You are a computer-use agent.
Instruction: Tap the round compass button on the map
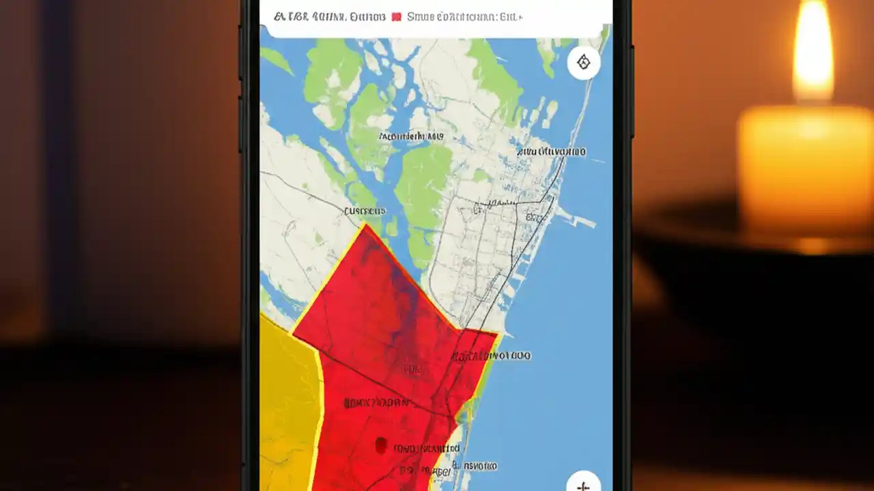click(x=583, y=63)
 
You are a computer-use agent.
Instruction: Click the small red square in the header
click(x=396, y=16)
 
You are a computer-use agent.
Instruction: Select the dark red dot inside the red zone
click(x=381, y=446)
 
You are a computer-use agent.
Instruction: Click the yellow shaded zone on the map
click(x=287, y=402)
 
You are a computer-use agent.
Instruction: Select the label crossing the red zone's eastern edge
click(x=490, y=355)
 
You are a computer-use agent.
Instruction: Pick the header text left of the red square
click(x=329, y=16)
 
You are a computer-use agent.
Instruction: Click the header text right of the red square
click(x=464, y=16)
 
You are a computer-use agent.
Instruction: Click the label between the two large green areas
click(x=410, y=136)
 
